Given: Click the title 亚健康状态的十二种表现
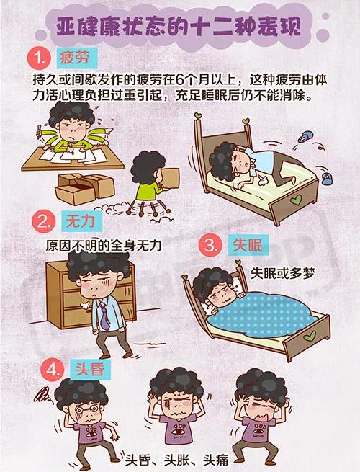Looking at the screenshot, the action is (x=179, y=27).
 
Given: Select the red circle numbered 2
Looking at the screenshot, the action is (x=44, y=221).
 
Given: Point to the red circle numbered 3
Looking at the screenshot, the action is (x=210, y=245).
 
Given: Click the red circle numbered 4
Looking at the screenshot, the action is (x=53, y=370).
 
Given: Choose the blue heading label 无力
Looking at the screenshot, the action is (x=81, y=221).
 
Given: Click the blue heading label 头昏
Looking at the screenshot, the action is (x=90, y=370).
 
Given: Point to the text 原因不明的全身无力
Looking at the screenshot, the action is (x=104, y=246).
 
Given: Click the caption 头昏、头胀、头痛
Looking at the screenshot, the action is (x=177, y=460).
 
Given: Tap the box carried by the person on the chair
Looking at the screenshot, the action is (x=170, y=178).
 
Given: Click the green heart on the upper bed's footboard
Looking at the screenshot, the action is (x=296, y=200).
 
